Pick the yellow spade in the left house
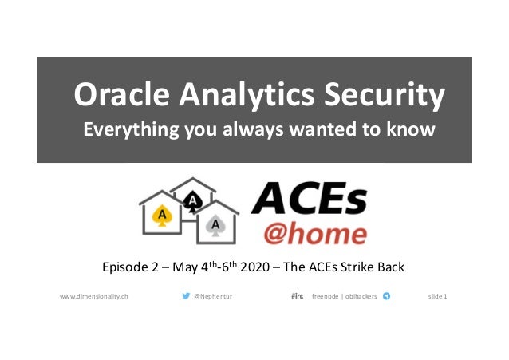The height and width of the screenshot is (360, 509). (163, 216)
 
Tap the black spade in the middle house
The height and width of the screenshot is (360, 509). (191, 203)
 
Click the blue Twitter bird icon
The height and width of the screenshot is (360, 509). (186, 296)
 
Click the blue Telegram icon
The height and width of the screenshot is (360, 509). (387, 296)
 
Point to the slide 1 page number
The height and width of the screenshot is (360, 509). (437, 296)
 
